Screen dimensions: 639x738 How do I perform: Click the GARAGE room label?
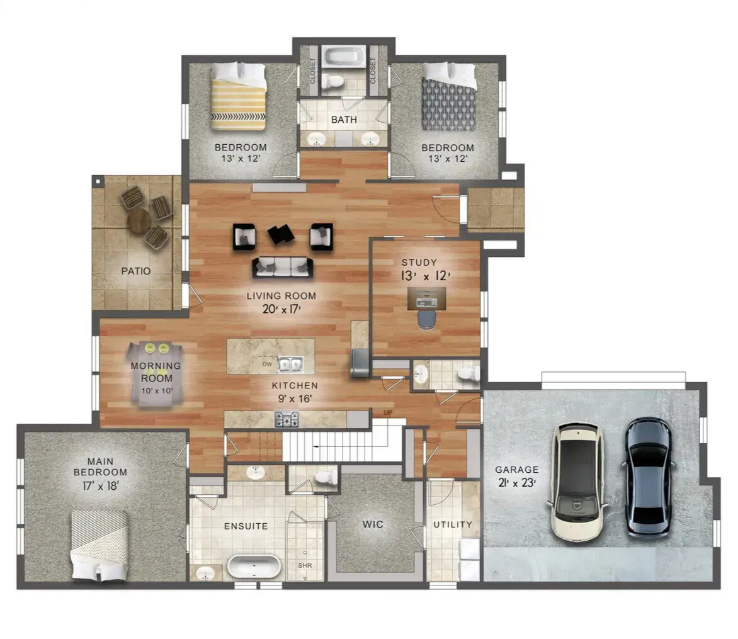pyautogui.click(x=516, y=470)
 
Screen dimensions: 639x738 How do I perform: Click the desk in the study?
pyautogui.click(x=426, y=298)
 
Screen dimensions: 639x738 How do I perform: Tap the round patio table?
pyautogui.click(x=139, y=221)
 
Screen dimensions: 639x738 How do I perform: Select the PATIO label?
pyautogui.click(x=136, y=271)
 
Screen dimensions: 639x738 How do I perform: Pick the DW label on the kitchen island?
pyautogui.click(x=266, y=364)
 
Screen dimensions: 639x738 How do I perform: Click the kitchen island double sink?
pyautogui.click(x=290, y=364)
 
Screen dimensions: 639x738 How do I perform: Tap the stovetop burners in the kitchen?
pyautogui.click(x=287, y=419)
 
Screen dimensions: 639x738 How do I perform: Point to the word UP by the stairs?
pyautogui.click(x=388, y=413)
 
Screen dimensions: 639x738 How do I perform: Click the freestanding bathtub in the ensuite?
pyautogui.click(x=254, y=567)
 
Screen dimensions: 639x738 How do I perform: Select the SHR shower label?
pyautogui.click(x=305, y=565)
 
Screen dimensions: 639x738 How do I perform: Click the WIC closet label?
pyautogui.click(x=373, y=524)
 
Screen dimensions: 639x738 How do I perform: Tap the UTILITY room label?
pyautogui.click(x=453, y=524)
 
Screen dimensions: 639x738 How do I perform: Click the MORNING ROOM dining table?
pyautogui.click(x=156, y=375)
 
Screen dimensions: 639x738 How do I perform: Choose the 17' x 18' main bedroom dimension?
pyautogui.click(x=100, y=485)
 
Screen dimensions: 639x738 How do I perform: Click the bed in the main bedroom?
pyautogui.click(x=99, y=544)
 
